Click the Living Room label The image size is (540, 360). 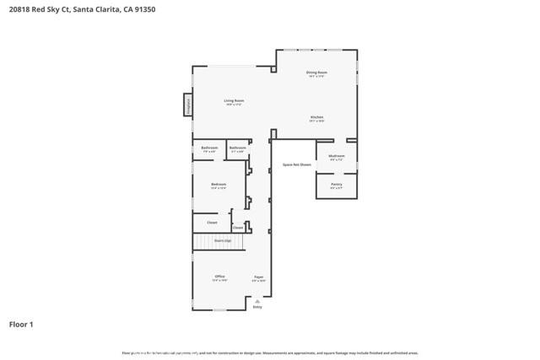click(233, 100)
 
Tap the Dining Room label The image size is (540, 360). click(316, 73)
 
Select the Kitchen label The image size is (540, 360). click(316, 117)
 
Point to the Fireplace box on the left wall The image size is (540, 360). click(187, 105)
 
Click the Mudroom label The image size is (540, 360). click(336, 156)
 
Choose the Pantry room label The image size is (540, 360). click(336, 184)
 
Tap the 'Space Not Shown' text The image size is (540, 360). click(297, 164)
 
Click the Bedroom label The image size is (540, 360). click(219, 184)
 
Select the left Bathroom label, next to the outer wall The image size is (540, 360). click(209, 148)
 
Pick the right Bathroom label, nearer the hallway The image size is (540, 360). click(238, 148)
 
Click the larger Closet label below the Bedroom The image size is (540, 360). click(212, 223)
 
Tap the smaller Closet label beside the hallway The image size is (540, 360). click(238, 227)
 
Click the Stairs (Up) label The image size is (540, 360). click(222, 241)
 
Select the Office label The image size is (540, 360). click(219, 277)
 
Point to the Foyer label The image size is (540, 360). click(259, 277)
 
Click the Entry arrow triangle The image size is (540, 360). click(257, 300)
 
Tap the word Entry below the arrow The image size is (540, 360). click(257, 307)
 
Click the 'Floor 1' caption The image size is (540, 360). click(21, 324)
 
